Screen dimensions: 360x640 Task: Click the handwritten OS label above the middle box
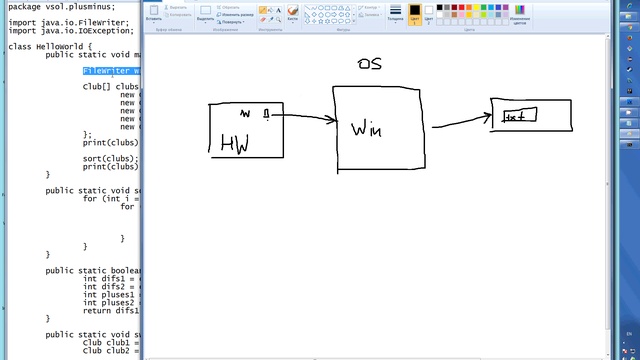point(369,64)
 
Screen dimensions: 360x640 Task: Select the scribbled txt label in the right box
point(519,116)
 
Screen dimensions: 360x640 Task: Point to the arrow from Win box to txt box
point(461,119)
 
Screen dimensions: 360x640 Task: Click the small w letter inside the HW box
point(244,113)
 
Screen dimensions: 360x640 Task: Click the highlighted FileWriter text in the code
point(111,72)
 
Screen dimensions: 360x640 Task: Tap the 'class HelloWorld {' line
point(50,46)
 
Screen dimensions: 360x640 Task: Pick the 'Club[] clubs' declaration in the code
point(110,87)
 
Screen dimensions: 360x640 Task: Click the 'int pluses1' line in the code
point(110,294)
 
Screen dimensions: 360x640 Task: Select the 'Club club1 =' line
point(110,342)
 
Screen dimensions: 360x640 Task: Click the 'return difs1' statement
point(110,310)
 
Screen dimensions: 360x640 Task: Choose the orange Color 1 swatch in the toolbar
point(415,13)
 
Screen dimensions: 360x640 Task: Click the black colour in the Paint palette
point(441,8)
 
